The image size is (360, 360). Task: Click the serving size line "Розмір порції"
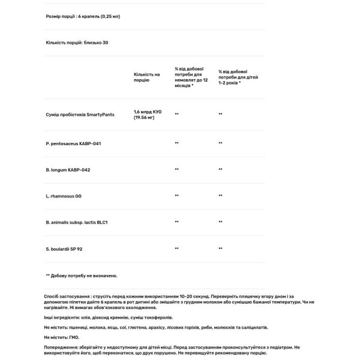83,16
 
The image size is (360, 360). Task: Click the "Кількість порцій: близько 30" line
77,43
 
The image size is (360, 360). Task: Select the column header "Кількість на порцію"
146,77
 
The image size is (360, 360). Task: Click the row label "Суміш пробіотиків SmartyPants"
80,113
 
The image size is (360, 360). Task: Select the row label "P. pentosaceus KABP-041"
73,143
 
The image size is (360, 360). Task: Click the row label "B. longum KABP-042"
68,170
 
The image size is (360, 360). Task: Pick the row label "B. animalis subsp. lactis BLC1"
76,222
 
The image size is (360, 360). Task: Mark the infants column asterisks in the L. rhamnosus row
176,196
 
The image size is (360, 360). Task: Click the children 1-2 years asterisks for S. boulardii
220,248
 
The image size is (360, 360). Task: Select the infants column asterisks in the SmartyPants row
176,113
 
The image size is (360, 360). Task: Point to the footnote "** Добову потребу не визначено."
82,275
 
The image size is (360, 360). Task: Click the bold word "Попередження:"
61,347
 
